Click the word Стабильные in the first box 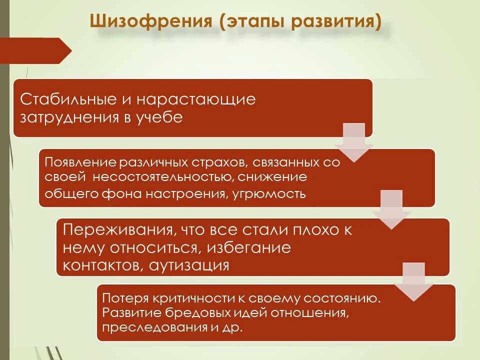pyautogui.click(x=67, y=99)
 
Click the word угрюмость pyautogui.click(x=269, y=193)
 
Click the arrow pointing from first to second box pyautogui.click(x=354, y=142)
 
